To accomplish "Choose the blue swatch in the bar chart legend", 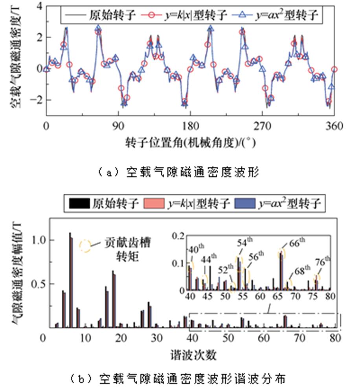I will [x=245, y=203].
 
